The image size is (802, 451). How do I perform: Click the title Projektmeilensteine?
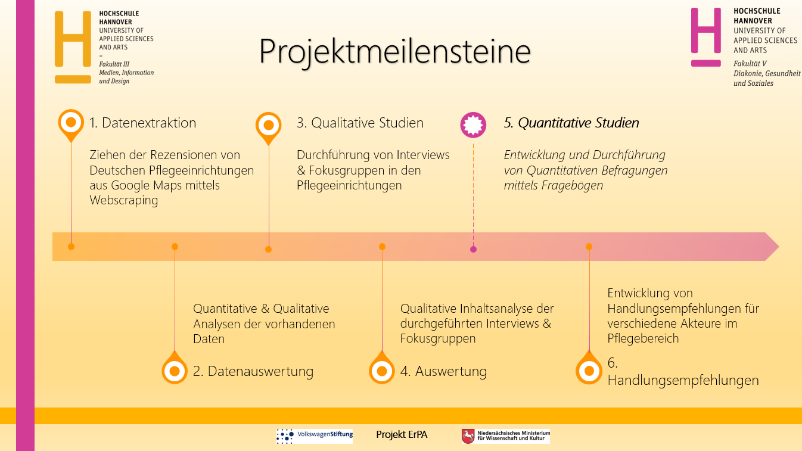coord(394,52)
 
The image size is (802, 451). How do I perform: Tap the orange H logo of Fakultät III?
coord(73,46)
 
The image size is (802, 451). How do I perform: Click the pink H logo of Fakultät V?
coord(705,37)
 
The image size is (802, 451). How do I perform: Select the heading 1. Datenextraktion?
coord(142,123)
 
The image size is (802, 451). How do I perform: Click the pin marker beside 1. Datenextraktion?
coord(71,125)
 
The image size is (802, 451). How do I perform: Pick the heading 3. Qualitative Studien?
coord(360,123)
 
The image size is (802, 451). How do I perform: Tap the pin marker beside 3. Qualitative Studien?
coord(269,127)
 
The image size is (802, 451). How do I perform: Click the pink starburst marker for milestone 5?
coord(473,125)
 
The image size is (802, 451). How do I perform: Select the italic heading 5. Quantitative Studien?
coord(571,123)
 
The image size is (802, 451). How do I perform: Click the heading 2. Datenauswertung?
coord(253,371)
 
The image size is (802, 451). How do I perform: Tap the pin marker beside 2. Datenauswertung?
coord(175,368)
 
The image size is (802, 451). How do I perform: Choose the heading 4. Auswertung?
coord(443,371)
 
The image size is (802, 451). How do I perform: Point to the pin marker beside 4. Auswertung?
coord(382,368)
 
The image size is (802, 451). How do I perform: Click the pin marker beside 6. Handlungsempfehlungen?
coord(589,368)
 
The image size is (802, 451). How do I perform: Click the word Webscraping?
coord(123,200)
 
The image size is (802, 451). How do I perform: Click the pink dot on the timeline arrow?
coord(473,250)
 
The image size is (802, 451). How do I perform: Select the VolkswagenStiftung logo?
coord(315,436)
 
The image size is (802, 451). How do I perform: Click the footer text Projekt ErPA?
coord(402,434)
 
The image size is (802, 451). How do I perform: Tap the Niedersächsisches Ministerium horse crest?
coord(468,436)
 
